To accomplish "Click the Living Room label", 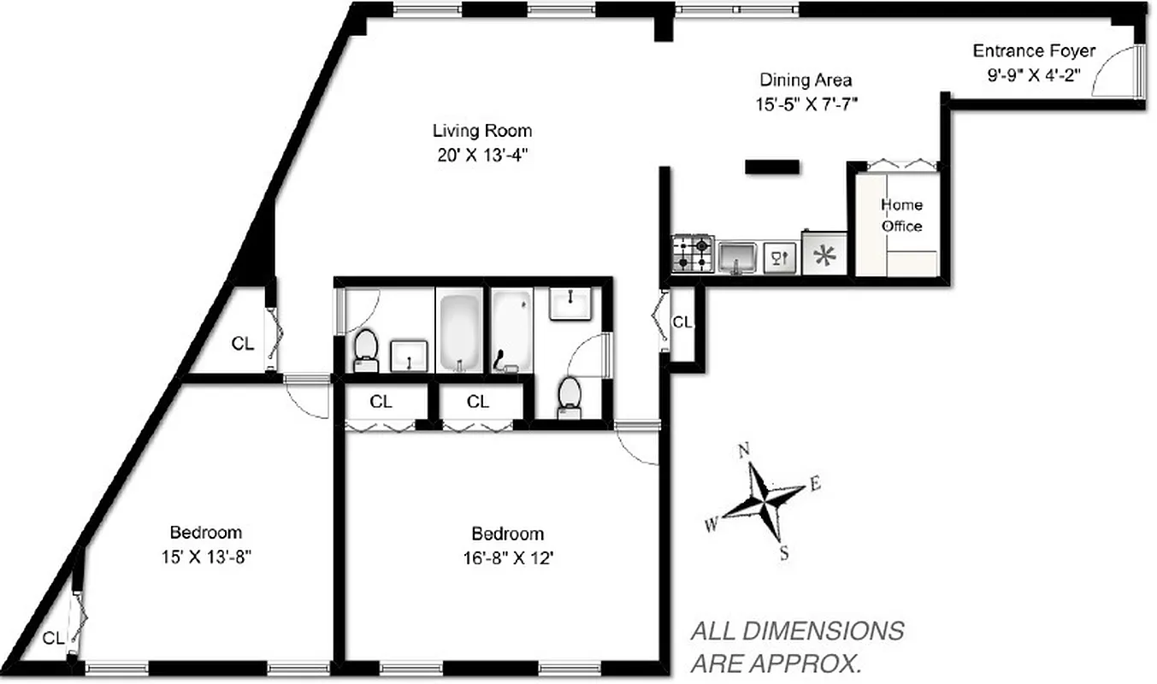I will coord(481,131).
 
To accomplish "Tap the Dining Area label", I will coord(805,80).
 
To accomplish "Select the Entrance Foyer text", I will coord(1033,51).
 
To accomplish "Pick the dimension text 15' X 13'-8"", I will coord(205,556).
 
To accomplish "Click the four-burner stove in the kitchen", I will coord(693,254).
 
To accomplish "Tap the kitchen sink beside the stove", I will coord(737,256).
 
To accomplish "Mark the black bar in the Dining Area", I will coord(772,167).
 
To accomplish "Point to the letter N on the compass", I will coord(744,450).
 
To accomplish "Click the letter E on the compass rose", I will coord(814,485).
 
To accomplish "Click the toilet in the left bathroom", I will coord(366,349).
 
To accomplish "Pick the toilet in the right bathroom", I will coord(569,398).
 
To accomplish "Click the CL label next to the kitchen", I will coord(682,322).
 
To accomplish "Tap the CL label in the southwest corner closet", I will coord(53,638).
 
